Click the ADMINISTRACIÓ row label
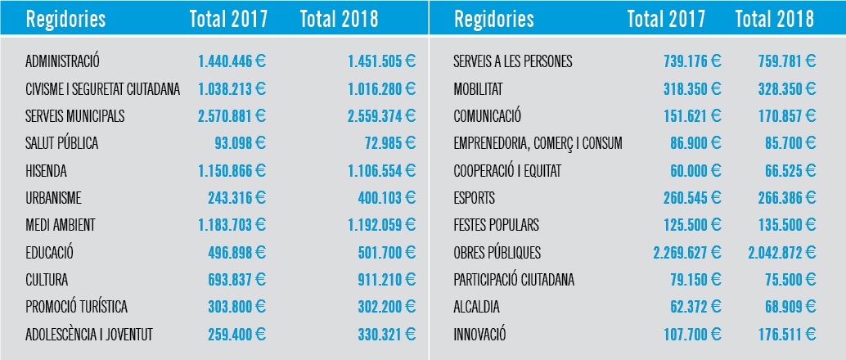(62, 61)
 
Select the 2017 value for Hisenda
(232, 171)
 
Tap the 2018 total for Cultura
(386, 280)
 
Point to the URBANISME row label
(53, 198)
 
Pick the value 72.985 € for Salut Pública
(390, 143)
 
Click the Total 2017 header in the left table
(228, 19)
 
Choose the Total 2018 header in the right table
(774, 19)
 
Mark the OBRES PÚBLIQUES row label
(497, 252)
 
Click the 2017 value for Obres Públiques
(686, 253)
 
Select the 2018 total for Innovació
(786, 335)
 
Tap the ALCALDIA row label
(476, 308)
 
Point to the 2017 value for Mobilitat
(692, 89)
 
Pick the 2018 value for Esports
(786, 198)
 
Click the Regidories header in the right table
(493, 20)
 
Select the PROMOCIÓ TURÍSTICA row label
(76, 307)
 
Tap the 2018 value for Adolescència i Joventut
(386, 335)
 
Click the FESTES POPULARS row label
(496, 225)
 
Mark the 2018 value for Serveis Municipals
(381, 116)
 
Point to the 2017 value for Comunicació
(692, 116)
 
